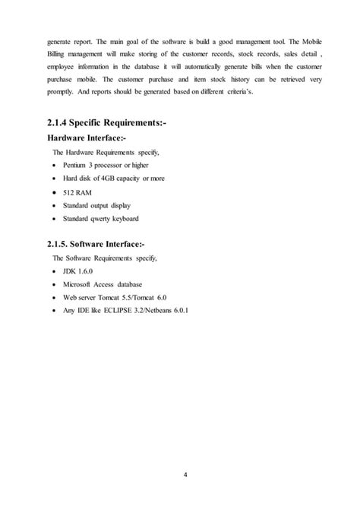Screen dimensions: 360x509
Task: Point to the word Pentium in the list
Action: tap(79, 164)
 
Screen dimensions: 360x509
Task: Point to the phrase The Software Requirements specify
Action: tap(103, 258)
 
